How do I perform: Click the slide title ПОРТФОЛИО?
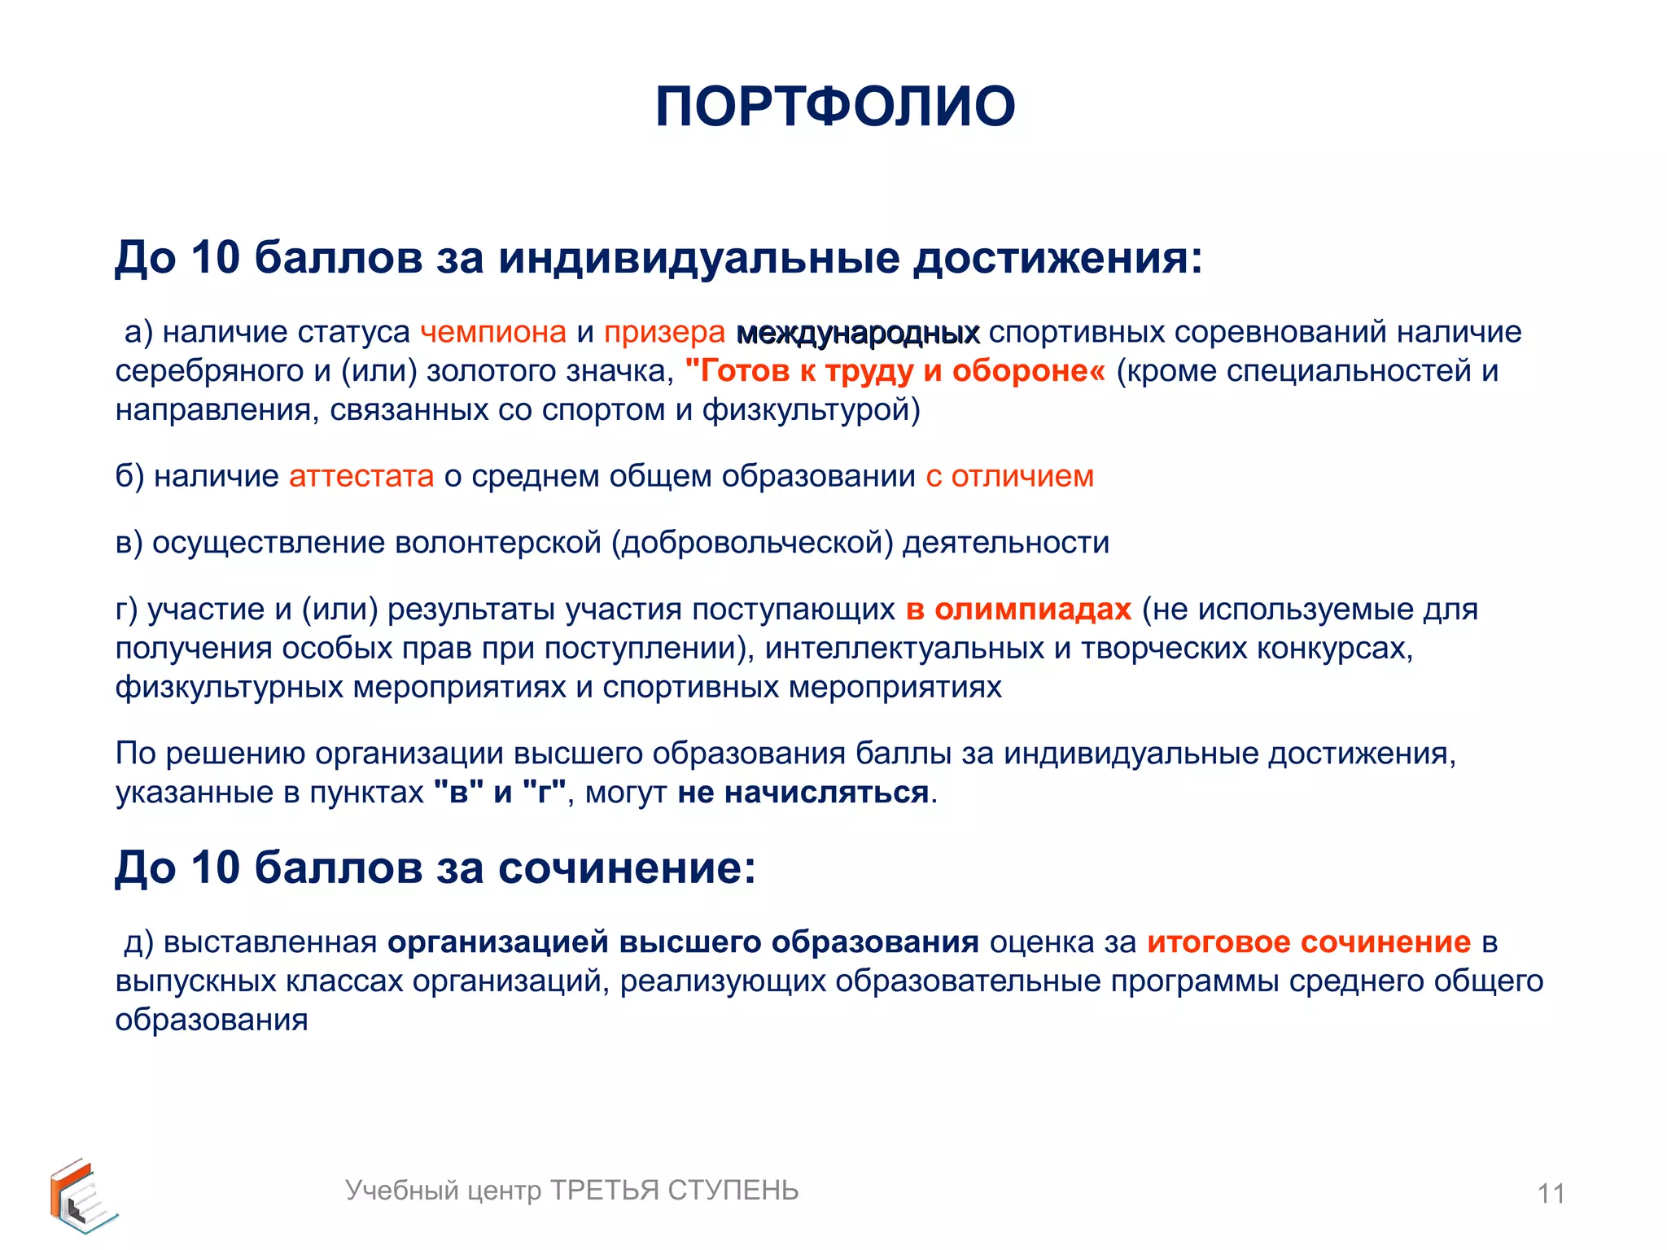coord(835,107)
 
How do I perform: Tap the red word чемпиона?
coord(493,332)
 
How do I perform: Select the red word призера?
coord(664,332)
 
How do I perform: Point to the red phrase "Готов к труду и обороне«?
coord(895,371)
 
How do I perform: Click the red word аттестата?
coord(361,476)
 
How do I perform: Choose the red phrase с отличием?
coord(1009,476)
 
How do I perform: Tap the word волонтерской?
coord(498,543)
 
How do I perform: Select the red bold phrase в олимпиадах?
coord(1018,610)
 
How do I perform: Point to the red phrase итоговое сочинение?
coord(1309,942)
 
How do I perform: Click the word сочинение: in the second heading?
coord(627,868)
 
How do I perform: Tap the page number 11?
coord(1551,1194)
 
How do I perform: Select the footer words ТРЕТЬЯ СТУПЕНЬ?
coord(675,1191)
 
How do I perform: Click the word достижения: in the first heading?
coord(1057,258)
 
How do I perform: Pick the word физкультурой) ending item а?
coord(812,410)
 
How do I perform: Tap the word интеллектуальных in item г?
coord(904,649)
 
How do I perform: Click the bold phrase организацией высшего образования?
coord(683,942)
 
